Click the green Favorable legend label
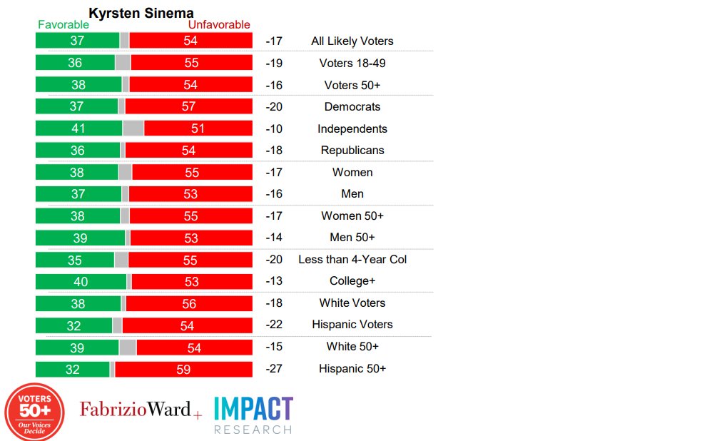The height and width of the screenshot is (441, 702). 63,25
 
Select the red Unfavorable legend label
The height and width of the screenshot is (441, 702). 219,25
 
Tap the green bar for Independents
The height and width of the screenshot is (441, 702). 78,128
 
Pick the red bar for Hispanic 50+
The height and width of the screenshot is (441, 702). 183,369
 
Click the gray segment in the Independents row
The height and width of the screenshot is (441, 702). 133,128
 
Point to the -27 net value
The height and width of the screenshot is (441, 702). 274,369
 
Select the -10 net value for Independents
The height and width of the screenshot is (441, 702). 274,129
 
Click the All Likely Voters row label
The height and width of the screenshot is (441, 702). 352,41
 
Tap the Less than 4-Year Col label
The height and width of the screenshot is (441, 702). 352,260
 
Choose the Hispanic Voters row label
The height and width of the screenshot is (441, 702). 352,325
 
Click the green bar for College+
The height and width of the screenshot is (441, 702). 81,281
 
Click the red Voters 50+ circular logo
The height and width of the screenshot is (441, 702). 35,412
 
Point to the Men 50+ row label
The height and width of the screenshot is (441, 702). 352,238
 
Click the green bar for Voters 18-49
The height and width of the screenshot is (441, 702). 75,63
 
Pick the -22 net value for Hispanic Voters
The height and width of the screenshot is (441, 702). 274,325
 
